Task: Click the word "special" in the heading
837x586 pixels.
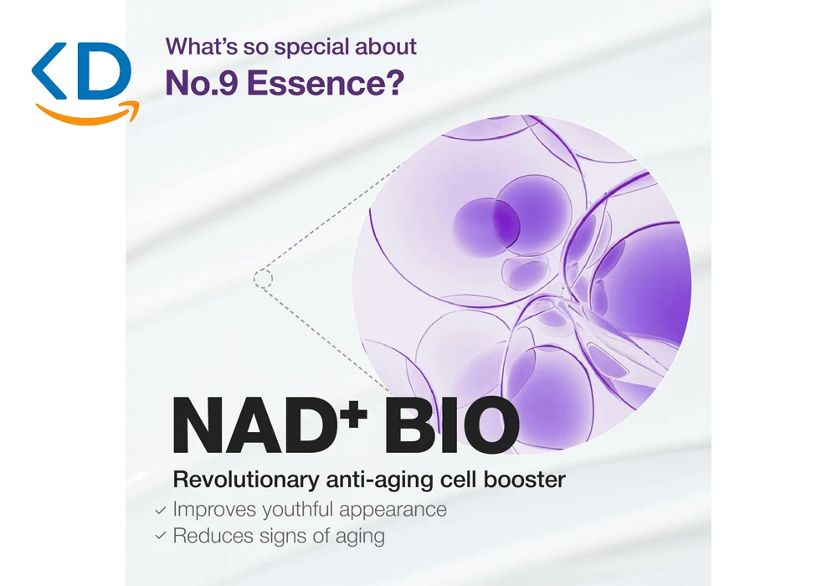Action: click(x=312, y=48)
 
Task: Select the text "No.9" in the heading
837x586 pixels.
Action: click(x=202, y=83)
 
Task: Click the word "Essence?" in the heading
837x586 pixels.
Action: click(x=326, y=83)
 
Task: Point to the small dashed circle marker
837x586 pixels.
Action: click(x=263, y=279)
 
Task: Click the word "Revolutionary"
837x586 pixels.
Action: click(x=246, y=480)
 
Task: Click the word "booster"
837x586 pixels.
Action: click(x=524, y=479)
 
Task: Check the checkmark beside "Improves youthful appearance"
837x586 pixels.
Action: click(x=161, y=511)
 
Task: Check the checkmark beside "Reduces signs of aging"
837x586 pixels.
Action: click(x=161, y=535)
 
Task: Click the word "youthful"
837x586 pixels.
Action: click(x=298, y=510)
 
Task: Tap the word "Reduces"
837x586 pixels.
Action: click(x=213, y=536)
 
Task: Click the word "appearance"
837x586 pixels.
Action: click(x=393, y=510)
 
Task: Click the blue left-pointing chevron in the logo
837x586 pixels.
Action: click(x=49, y=71)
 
